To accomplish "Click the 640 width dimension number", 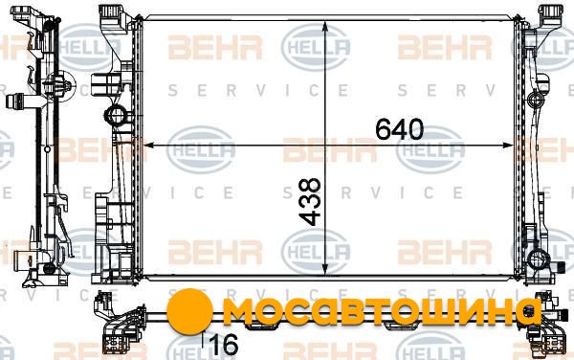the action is tap(399, 129).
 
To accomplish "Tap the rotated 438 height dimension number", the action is tap(310, 201).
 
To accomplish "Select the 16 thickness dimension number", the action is tap(225, 345).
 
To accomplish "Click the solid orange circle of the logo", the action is tap(189, 311).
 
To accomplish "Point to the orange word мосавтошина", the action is tap(382, 312).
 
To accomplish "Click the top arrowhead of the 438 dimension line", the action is tap(325, 28).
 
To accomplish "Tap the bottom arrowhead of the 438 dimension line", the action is tap(325, 268).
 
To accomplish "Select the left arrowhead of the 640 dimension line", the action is tap(148, 146).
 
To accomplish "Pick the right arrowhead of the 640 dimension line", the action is tap(508, 146).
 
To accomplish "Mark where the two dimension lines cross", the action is tap(325, 146).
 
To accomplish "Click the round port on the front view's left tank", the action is tap(116, 116).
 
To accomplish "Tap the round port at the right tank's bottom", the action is tap(538, 260).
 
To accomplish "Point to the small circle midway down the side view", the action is tap(47, 149).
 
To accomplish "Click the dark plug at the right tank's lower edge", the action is tap(559, 267).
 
